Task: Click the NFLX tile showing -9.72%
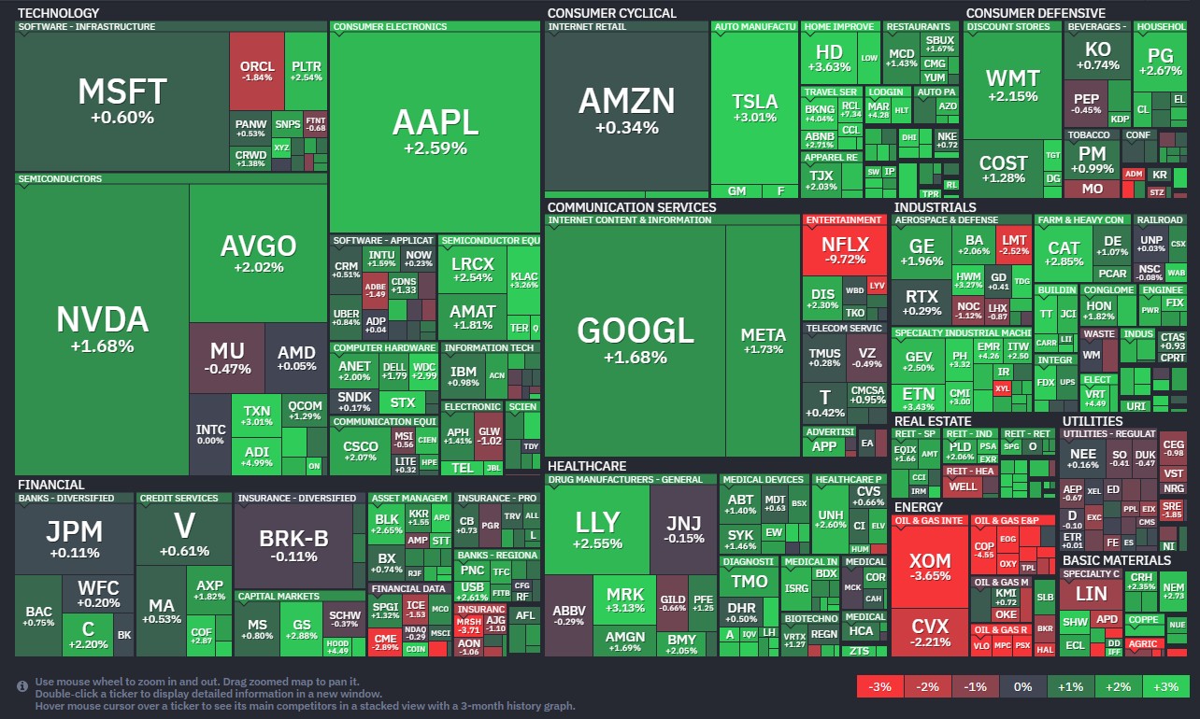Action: (x=844, y=250)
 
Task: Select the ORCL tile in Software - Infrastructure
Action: (x=257, y=71)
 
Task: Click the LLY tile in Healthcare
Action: (x=596, y=529)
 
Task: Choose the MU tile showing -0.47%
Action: (x=227, y=357)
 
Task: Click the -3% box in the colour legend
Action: (x=879, y=686)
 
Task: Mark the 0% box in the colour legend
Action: (x=1022, y=686)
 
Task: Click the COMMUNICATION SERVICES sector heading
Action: (x=632, y=207)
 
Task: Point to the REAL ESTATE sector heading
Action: (x=933, y=421)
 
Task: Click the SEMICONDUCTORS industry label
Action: (x=60, y=178)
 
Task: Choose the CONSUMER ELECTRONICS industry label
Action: (x=390, y=27)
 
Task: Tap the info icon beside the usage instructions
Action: (x=22, y=686)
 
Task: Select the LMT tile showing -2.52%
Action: (x=1014, y=244)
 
